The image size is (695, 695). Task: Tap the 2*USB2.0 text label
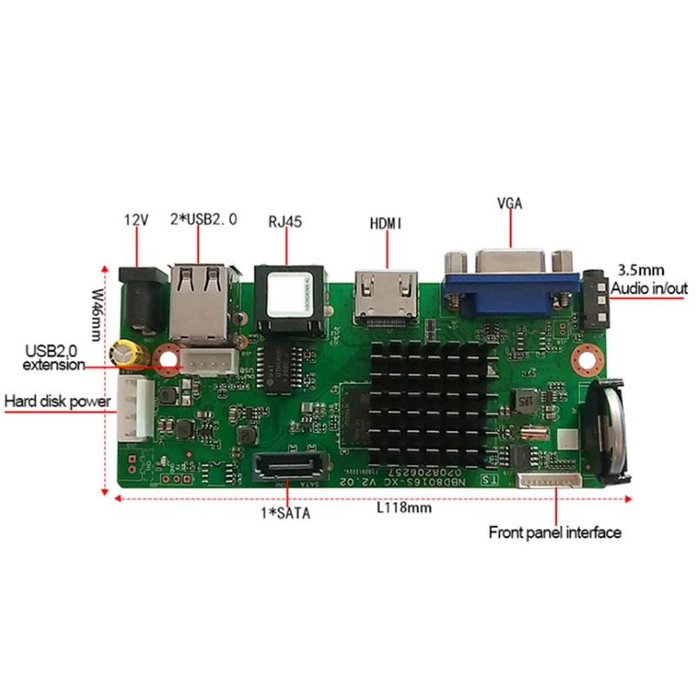pos(203,221)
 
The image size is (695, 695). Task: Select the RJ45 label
pos(286,221)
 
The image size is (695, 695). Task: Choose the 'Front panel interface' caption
pos(554,533)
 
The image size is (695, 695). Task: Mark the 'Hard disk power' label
pos(57,401)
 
